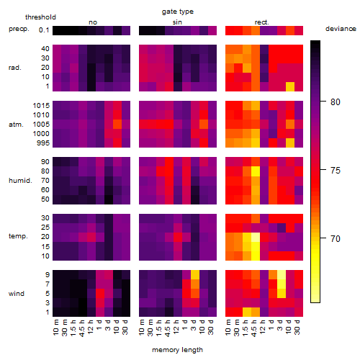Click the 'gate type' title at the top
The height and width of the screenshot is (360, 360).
click(178, 12)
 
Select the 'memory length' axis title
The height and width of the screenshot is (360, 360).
click(177, 350)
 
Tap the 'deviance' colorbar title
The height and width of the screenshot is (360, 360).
click(341, 29)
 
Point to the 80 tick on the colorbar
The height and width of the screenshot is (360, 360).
click(336, 102)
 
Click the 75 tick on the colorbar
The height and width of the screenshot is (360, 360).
click(336, 170)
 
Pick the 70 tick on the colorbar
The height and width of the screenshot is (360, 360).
click(336, 238)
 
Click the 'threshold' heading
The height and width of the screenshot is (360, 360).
click(40, 17)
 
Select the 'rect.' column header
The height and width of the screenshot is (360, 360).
click(262, 22)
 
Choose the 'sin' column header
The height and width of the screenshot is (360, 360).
click(177, 22)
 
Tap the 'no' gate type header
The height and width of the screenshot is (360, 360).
click(93, 22)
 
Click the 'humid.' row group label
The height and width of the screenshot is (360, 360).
click(20, 181)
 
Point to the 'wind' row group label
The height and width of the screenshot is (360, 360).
click(17, 294)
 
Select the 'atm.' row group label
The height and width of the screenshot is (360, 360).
click(16, 125)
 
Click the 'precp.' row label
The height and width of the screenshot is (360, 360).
click(19, 29)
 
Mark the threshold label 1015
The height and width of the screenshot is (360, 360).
click(41, 106)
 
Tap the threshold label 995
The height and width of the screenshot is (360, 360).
click(43, 143)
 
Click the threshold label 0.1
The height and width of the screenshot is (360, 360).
click(44, 30)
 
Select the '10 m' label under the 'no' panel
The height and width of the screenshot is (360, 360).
click(56, 328)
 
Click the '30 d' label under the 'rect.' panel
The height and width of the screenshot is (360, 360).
click(297, 328)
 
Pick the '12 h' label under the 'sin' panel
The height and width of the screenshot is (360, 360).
click(176, 327)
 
